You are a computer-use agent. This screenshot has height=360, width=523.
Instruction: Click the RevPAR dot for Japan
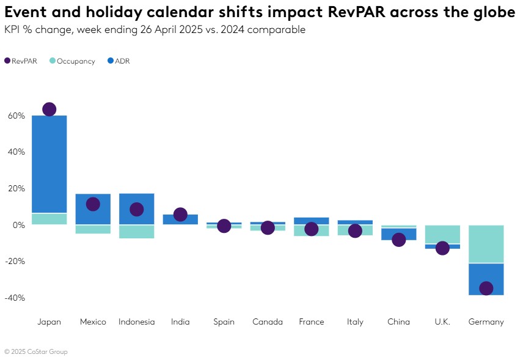(x=49, y=109)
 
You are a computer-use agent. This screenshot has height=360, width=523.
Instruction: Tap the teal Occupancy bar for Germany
(x=486, y=244)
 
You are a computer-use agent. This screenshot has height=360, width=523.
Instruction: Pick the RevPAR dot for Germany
(x=486, y=288)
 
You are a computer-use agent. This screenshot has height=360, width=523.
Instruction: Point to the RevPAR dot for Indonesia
(x=136, y=209)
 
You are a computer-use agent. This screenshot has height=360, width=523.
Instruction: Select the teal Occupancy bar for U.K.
(x=442, y=235)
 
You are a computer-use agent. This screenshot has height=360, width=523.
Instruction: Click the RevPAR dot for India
(x=180, y=215)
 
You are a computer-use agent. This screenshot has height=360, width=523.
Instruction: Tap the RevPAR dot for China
(x=398, y=240)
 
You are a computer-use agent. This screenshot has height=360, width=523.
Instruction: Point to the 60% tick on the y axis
(x=16, y=116)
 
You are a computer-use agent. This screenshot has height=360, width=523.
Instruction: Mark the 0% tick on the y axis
(x=18, y=225)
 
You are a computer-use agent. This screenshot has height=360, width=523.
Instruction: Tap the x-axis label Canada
(x=268, y=322)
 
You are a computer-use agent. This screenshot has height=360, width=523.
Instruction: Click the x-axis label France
(x=311, y=322)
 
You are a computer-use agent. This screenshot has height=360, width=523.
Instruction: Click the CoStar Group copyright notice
(x=36, y=351)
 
